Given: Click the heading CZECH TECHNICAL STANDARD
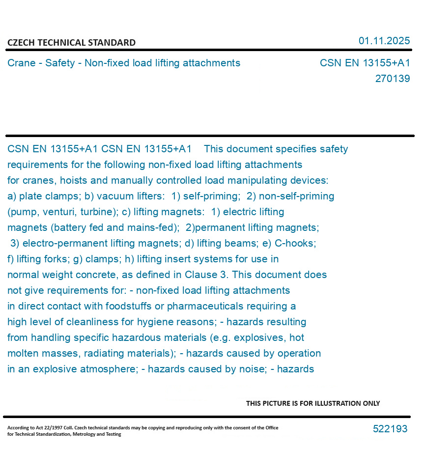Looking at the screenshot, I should coord(71,43).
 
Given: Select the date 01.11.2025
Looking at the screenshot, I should coord(384,41).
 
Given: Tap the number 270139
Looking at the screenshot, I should coord(392,79).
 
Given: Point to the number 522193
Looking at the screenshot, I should coord(390,429).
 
